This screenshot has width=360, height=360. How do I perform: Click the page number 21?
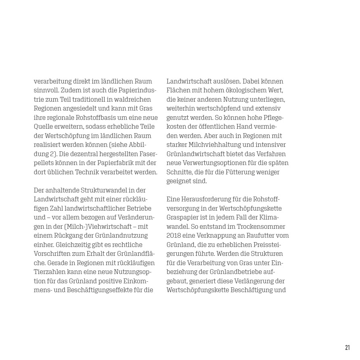[347, 347]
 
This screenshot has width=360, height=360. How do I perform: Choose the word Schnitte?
[180, 172]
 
